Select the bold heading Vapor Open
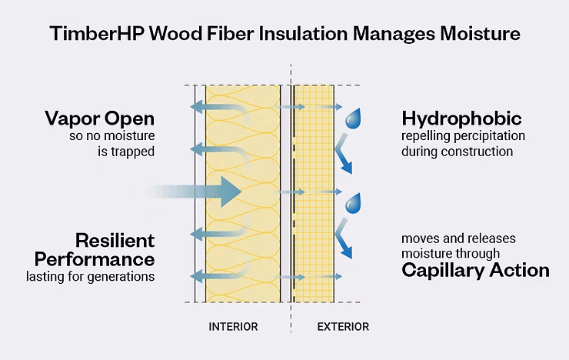(x=99, y=119)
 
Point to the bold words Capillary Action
(x=475, y=270)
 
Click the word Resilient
(x=115, y=239)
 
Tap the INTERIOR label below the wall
(x=233, y=327)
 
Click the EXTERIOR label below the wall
(x=343, y=327)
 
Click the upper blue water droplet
(x=354, y=118)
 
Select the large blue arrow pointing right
(x=204, y=191)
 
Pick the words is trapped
(x=125, y=152)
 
